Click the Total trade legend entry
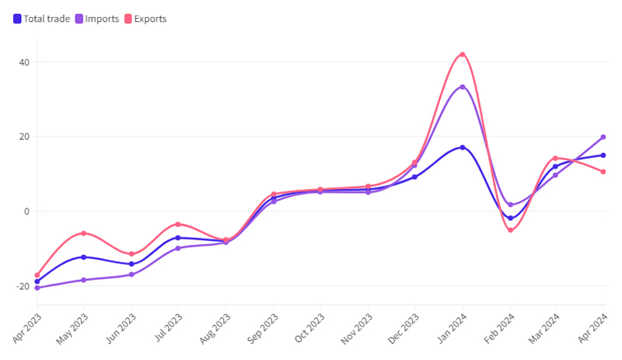(43, 19)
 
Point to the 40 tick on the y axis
(25, 62)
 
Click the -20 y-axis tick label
(23, 286)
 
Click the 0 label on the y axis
(27, 211)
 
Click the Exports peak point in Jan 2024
(463, 54)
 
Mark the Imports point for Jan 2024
(463, 87)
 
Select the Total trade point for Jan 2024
(463, 147)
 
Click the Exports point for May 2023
(84, 233)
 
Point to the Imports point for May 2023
(84, 280)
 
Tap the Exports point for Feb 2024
(510, 230)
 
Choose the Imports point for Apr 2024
(603, 137)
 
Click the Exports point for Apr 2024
(603, 172)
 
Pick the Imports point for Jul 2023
(178, 248)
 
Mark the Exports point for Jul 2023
(178, 224)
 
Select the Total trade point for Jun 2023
(131, 264)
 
